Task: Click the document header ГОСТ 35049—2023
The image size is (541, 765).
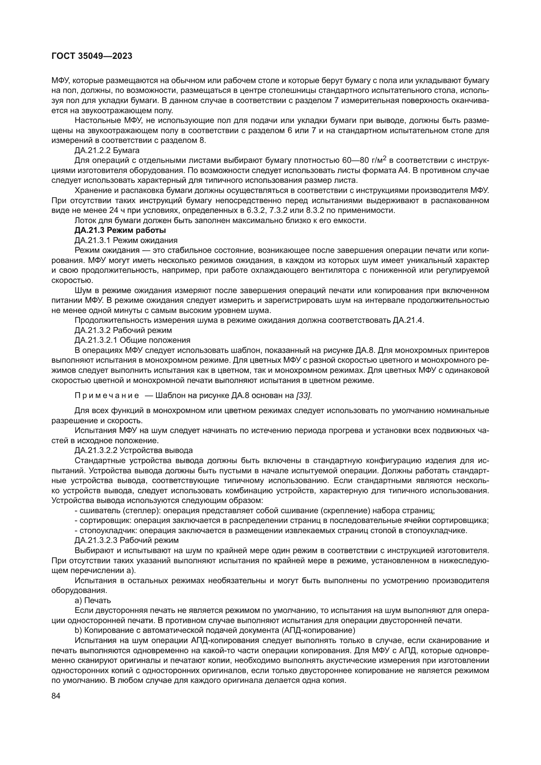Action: click(x=92, y=56)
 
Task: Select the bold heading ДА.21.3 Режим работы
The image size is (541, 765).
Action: click(x=120, y=230)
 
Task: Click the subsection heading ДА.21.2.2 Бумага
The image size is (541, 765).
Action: click(x=107, y=150)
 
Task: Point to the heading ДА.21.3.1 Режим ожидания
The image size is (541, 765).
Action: click(x=126, y=240)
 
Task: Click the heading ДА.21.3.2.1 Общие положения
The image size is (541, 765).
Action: click(x=132, y=340)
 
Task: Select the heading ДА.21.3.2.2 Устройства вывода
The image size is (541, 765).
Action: click(x=133, y=450)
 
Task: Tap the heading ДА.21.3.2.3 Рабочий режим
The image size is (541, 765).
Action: click(x=127, y=540)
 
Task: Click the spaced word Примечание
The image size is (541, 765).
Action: click(x=107, y=395)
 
